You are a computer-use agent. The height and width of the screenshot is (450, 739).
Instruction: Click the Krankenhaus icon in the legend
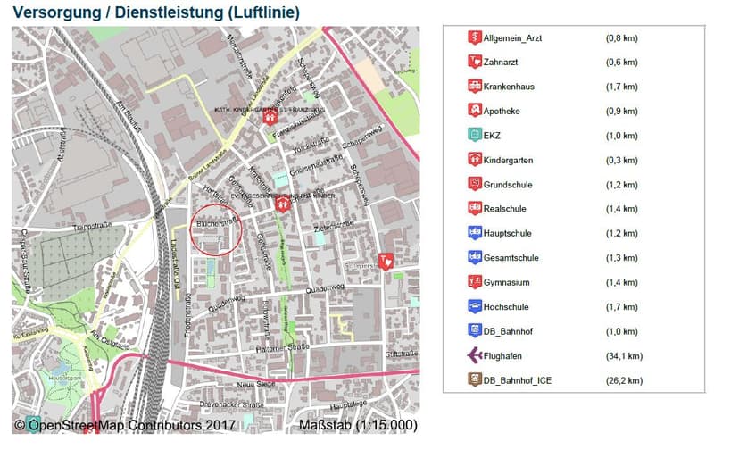(x=474, y=87)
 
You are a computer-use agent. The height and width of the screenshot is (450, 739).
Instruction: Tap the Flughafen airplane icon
(x=474, y=356)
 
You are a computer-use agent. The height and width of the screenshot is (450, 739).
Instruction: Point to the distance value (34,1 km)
(x=622, y=356)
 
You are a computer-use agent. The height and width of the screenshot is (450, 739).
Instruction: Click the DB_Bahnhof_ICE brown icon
(x=474, y=380)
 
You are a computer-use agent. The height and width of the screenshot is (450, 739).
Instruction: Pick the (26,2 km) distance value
(x=622, y=381)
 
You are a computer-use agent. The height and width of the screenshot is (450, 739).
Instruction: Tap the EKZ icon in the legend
(x=474, y=136)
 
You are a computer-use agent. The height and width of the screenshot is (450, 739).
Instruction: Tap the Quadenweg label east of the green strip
(x=324, y=287)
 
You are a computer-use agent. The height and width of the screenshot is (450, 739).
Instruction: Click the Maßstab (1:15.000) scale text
(x=357, y=425)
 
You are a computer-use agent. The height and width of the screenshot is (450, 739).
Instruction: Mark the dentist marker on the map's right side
(x=386, y=261)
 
